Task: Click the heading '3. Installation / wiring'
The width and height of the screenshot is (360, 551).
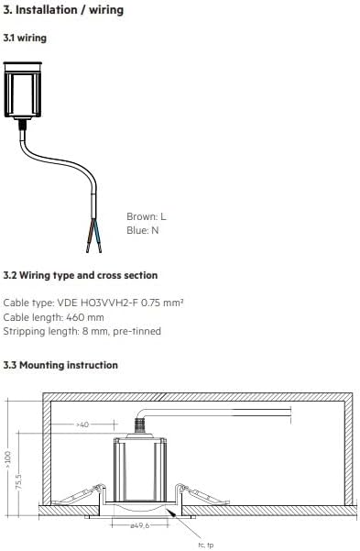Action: pyautogui.click(x=63, y=10)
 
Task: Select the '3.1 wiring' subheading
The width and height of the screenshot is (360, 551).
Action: pyautogui.click(x=25, y=38)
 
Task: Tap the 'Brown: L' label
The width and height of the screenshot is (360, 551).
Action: pyautogui.click(x=147, y=216)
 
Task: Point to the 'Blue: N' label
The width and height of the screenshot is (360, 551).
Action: pyautogui.click(x=143, y=230)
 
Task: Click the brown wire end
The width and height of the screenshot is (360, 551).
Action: pyautogui.click(x=90, y=237)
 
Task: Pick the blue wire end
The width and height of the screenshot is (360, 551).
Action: pyautogui.click(x=98, y=237)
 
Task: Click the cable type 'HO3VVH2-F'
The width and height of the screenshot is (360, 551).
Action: pyautogui.click(x=109, y=303)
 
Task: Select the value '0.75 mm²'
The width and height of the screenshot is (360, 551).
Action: pyautogui.click(x=162, y=303)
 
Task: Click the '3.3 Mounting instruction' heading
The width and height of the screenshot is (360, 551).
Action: pyautogui.click(x=60, y=365)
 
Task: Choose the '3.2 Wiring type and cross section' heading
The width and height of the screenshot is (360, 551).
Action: pyautogui.click(x=80, y=275)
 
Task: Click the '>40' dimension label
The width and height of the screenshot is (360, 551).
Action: pyautogui.click(x=82, y=424)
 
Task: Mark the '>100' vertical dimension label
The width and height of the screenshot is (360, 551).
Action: pyautogui.click(x=8, y=459)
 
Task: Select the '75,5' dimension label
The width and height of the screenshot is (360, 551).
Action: pyautogui.click(x=18, y=481)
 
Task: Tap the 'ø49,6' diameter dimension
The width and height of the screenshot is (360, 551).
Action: pyautogui.click(x=140, y=525)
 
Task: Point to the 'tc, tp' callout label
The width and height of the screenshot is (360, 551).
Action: pyautogui.click(x=205, y=545)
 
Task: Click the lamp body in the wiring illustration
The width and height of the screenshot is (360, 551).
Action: pyautogui.click(x=23, y=90)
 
